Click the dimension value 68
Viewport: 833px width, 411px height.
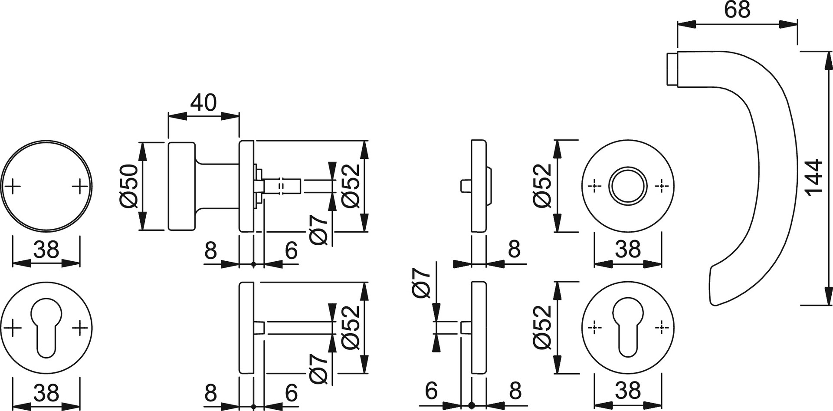click(737, 10)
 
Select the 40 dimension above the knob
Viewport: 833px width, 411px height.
click(203, 103)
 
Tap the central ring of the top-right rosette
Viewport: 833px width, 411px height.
click(628, 186)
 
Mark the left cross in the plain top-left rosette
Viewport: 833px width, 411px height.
click(13, 187)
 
